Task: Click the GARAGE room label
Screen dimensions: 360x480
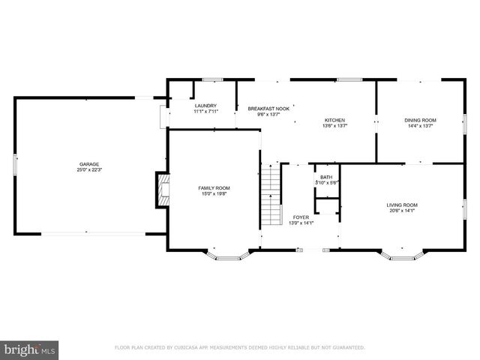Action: pyautogui.click(x=90, y=164)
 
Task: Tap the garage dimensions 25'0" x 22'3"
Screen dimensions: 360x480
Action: pyautogui.click(x=90, y=170)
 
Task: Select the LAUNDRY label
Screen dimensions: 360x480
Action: pyautogui.click(x=205, y=106)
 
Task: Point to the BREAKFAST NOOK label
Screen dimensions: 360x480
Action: pyautogui.click(x=265, y=109)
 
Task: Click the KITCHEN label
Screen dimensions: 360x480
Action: pyautogui.click(x=334, y=120)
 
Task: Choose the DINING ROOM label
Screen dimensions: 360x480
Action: pyautogui.click(x=420, y=120)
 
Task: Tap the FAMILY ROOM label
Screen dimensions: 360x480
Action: pyautogui.click(x=214, y=187)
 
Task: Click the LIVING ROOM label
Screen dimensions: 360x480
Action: pyautogui.click(x=402, y=205)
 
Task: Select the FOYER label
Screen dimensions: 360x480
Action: pyautogui.click(x=301, y=217)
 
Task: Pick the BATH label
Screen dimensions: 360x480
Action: pyautogui.click(x=326, y=177)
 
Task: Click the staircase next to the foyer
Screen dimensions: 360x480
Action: pyautogui.click(x=270, y=196)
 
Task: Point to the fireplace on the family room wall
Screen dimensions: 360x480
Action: pyautogui.click(x=161, y=190)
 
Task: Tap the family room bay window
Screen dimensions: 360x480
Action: pyautogui.click(x=226, y=256)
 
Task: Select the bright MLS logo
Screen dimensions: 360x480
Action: pyautogui.click(x=30, y=349)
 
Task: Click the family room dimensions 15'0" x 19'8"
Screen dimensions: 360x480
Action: pyautogui.click(x=214, y=194)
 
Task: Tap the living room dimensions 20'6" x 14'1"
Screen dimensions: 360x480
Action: pyautogui.click(x=402, y=211)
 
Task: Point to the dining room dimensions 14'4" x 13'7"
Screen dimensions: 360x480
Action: pyautogui.click(x=420, y=126)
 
